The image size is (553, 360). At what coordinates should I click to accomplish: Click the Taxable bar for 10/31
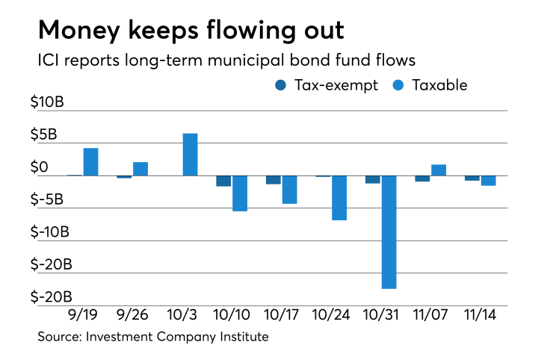[389, 232]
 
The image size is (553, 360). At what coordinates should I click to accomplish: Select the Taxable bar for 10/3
[190, 155]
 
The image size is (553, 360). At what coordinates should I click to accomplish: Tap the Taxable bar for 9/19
[90, 162]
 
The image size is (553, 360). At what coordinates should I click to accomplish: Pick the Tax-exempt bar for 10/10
[223, 181]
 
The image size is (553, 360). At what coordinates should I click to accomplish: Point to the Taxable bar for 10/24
[339, 198]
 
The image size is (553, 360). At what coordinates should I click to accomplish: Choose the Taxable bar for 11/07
[439, 170]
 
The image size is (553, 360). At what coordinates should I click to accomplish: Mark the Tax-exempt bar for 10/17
[274, 180]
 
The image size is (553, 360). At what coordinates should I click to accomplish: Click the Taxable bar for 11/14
[489, 181]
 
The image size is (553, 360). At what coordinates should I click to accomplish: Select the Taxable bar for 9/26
[140, 169]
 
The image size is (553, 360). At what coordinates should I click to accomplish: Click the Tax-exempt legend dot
[280, 85]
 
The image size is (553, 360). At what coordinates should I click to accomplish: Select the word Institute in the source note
[242, 337]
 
